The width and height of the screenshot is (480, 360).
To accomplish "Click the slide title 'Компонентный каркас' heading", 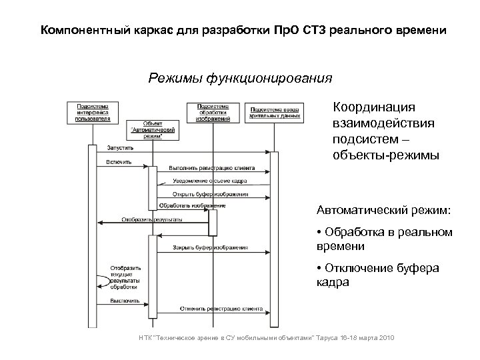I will point(239,31).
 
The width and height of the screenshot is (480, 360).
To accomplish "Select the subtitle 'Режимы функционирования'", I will point(239,79).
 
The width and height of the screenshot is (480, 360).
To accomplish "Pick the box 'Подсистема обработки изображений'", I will point(213,112).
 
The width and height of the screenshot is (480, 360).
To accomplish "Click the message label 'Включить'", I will point(119,162).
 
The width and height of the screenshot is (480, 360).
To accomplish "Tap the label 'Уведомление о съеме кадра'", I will point(211,181).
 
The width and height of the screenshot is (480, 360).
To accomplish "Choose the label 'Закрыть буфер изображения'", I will point(211,247).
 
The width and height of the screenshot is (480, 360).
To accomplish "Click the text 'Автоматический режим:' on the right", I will point(383,211).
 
